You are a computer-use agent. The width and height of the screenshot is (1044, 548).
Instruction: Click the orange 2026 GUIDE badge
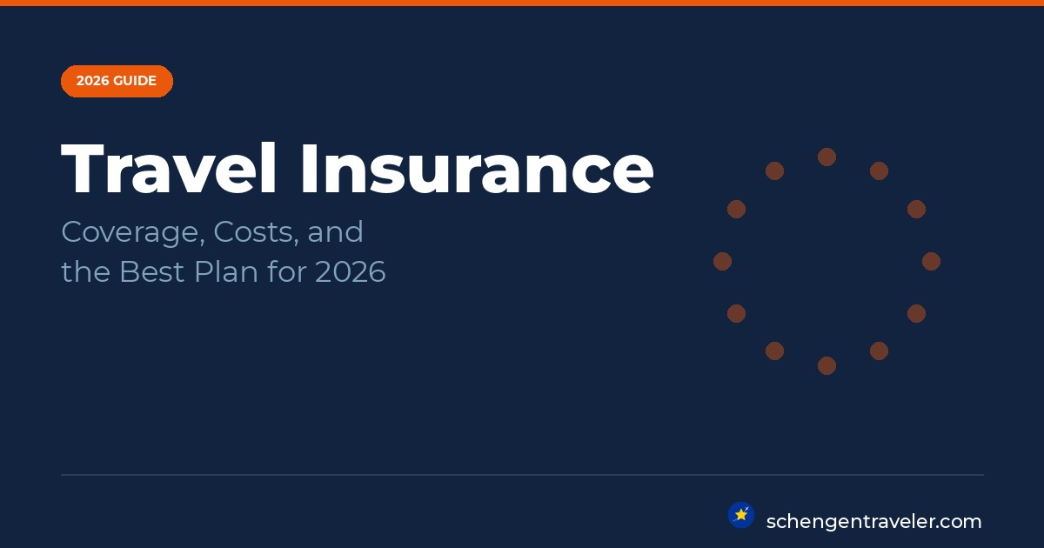117,81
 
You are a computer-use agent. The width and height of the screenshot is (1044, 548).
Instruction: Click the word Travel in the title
169,168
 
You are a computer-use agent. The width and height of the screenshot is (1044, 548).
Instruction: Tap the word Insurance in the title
477,168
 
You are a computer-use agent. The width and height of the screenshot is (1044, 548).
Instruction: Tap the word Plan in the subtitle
226,271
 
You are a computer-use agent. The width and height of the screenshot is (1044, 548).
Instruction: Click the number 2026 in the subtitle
351,271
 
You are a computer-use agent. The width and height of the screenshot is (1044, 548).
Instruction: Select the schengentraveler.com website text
873,522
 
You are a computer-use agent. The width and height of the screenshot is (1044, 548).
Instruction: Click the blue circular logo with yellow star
741,515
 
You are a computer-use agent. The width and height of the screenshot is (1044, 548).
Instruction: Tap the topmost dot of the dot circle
826,157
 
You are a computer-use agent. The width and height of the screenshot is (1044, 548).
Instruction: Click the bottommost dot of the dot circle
826,366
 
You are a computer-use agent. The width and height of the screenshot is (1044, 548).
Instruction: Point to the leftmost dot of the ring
722,262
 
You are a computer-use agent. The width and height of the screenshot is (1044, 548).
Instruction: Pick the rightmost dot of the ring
931,262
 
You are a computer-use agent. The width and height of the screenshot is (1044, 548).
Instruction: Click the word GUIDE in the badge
135,81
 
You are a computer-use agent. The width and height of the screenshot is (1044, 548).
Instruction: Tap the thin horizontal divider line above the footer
522,475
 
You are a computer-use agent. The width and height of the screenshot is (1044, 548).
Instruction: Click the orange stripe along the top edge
522,3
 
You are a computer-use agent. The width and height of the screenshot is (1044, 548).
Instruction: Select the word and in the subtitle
335,231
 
